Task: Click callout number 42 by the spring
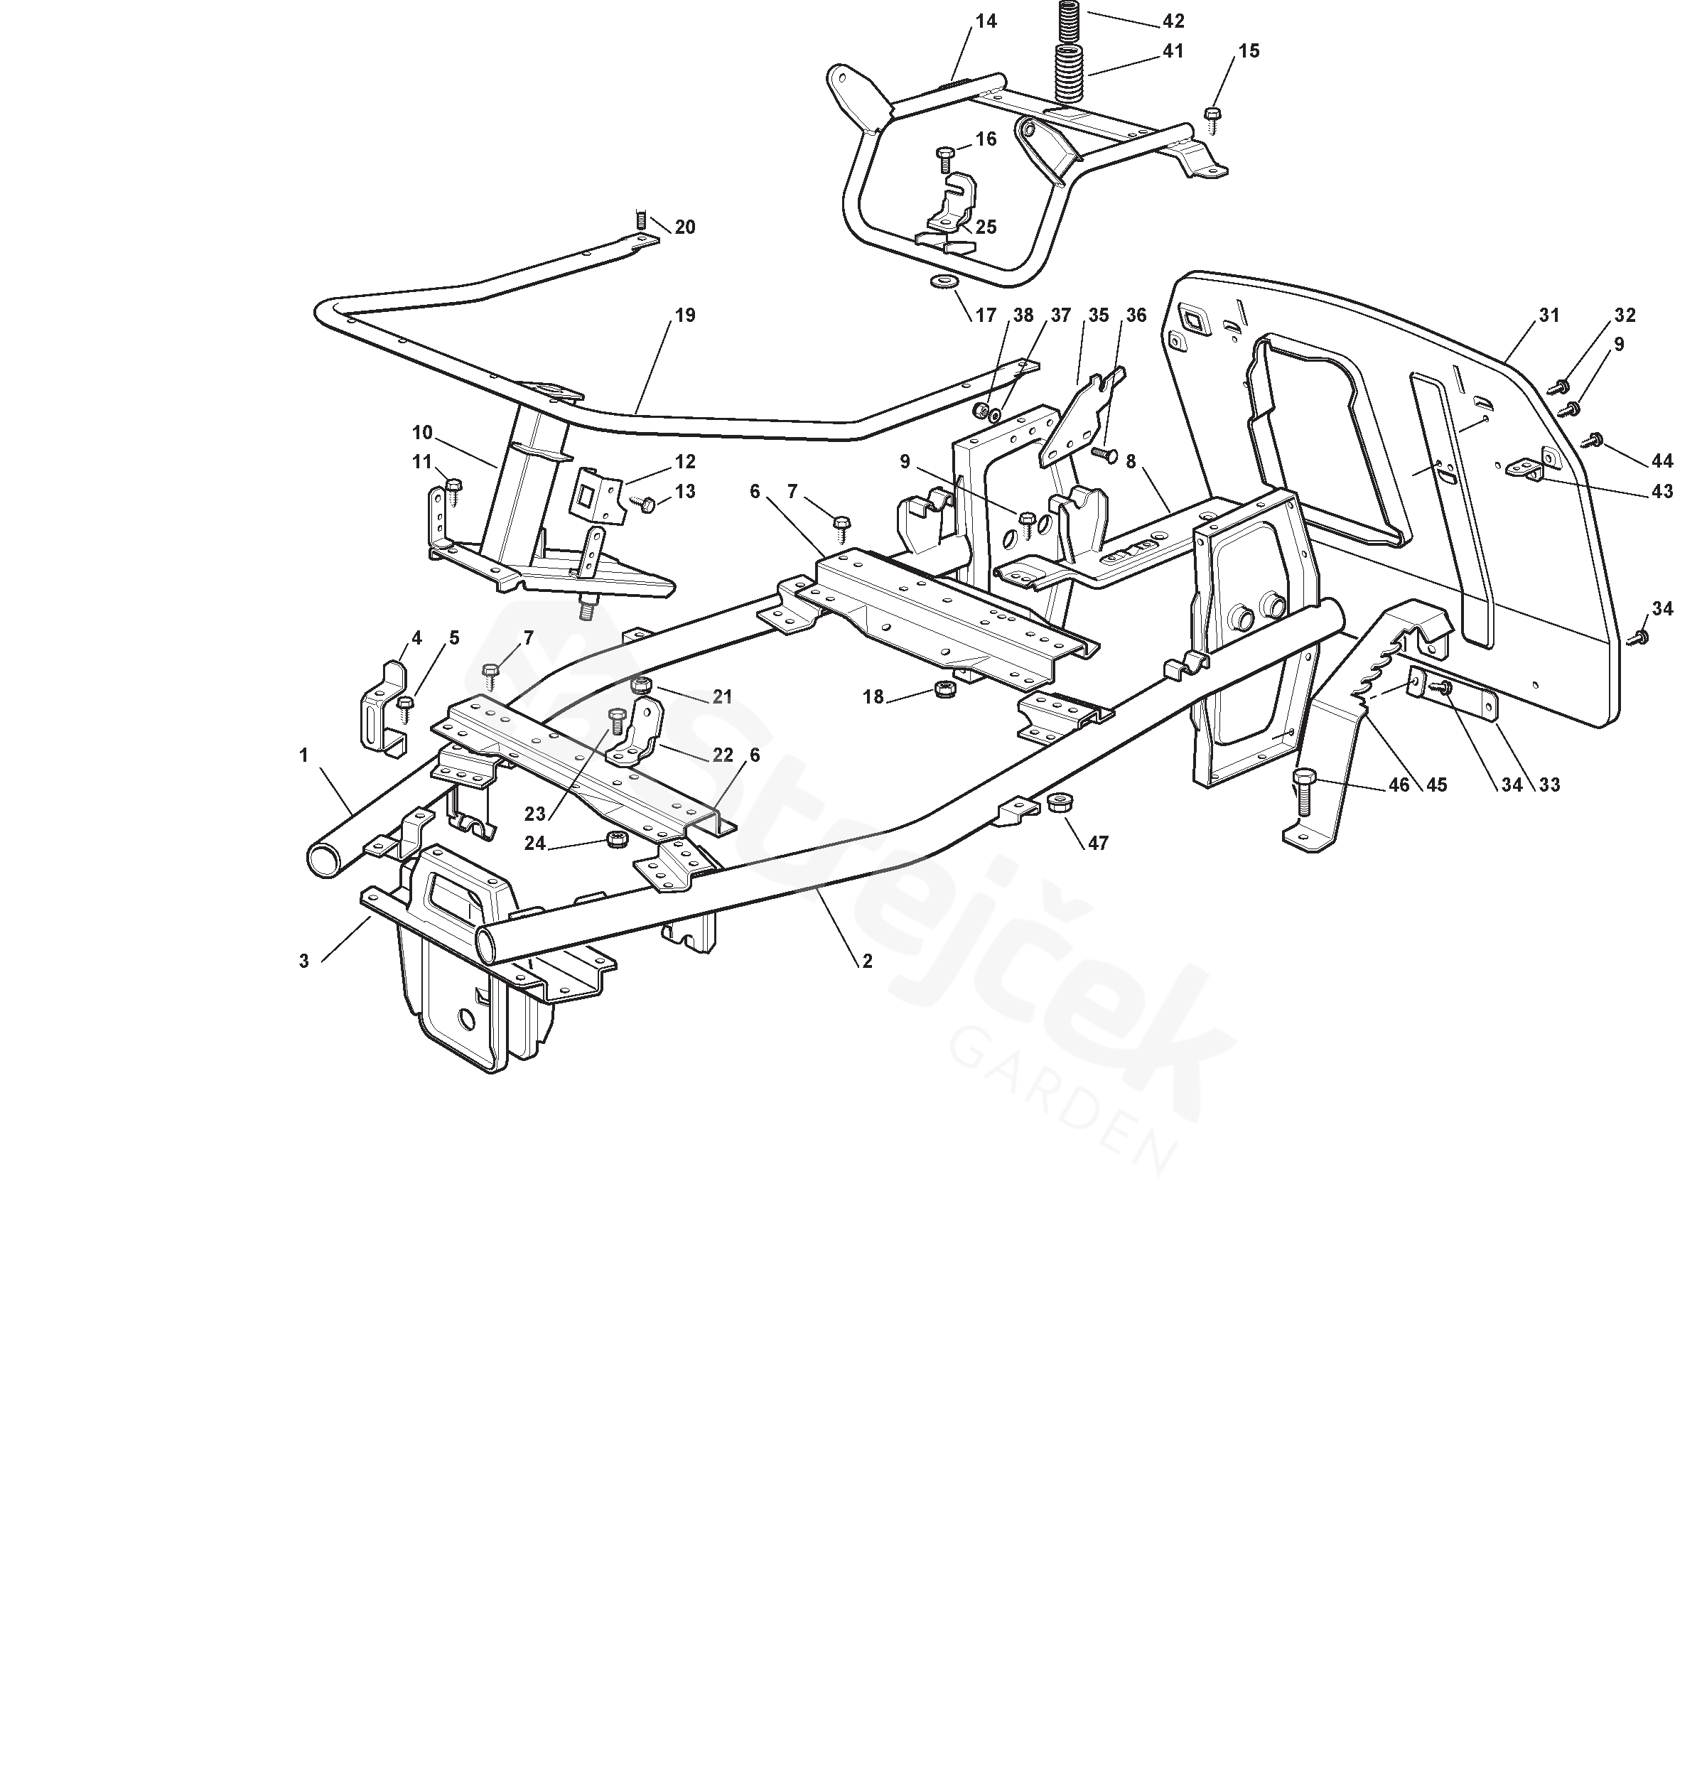coord(1173,21)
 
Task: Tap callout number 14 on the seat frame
coord(986,21)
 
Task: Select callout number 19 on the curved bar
coord(685,315)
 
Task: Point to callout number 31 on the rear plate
coord(1549,315)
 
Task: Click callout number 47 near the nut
coord(1098,843)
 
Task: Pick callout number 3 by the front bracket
coord(304,961)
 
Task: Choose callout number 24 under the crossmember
coord(534,843)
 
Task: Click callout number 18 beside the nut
coord(873,696)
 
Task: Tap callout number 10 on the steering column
coord(422,433)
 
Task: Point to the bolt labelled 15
coord(1212,115)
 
